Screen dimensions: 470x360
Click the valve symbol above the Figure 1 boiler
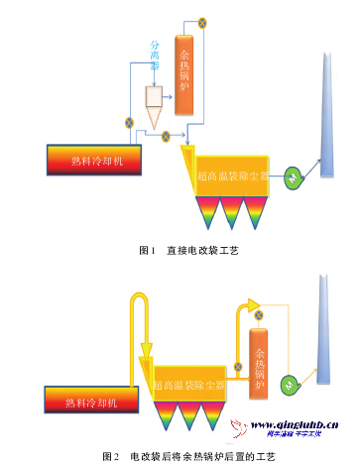point(203,21)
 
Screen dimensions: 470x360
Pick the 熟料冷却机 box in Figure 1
point(93,160)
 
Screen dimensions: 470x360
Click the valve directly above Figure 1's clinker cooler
point(128,124)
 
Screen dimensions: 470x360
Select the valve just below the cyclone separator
point(166,134)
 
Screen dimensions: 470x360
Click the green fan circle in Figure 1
point(294,176)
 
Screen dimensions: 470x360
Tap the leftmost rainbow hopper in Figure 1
point(211,210)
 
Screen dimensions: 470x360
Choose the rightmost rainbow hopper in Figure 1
point(260,210)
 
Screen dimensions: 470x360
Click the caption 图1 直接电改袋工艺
point(188,251)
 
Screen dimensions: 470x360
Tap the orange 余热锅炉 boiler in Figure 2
point(260,364)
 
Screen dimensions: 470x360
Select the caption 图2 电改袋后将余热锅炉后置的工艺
point(188,455)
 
